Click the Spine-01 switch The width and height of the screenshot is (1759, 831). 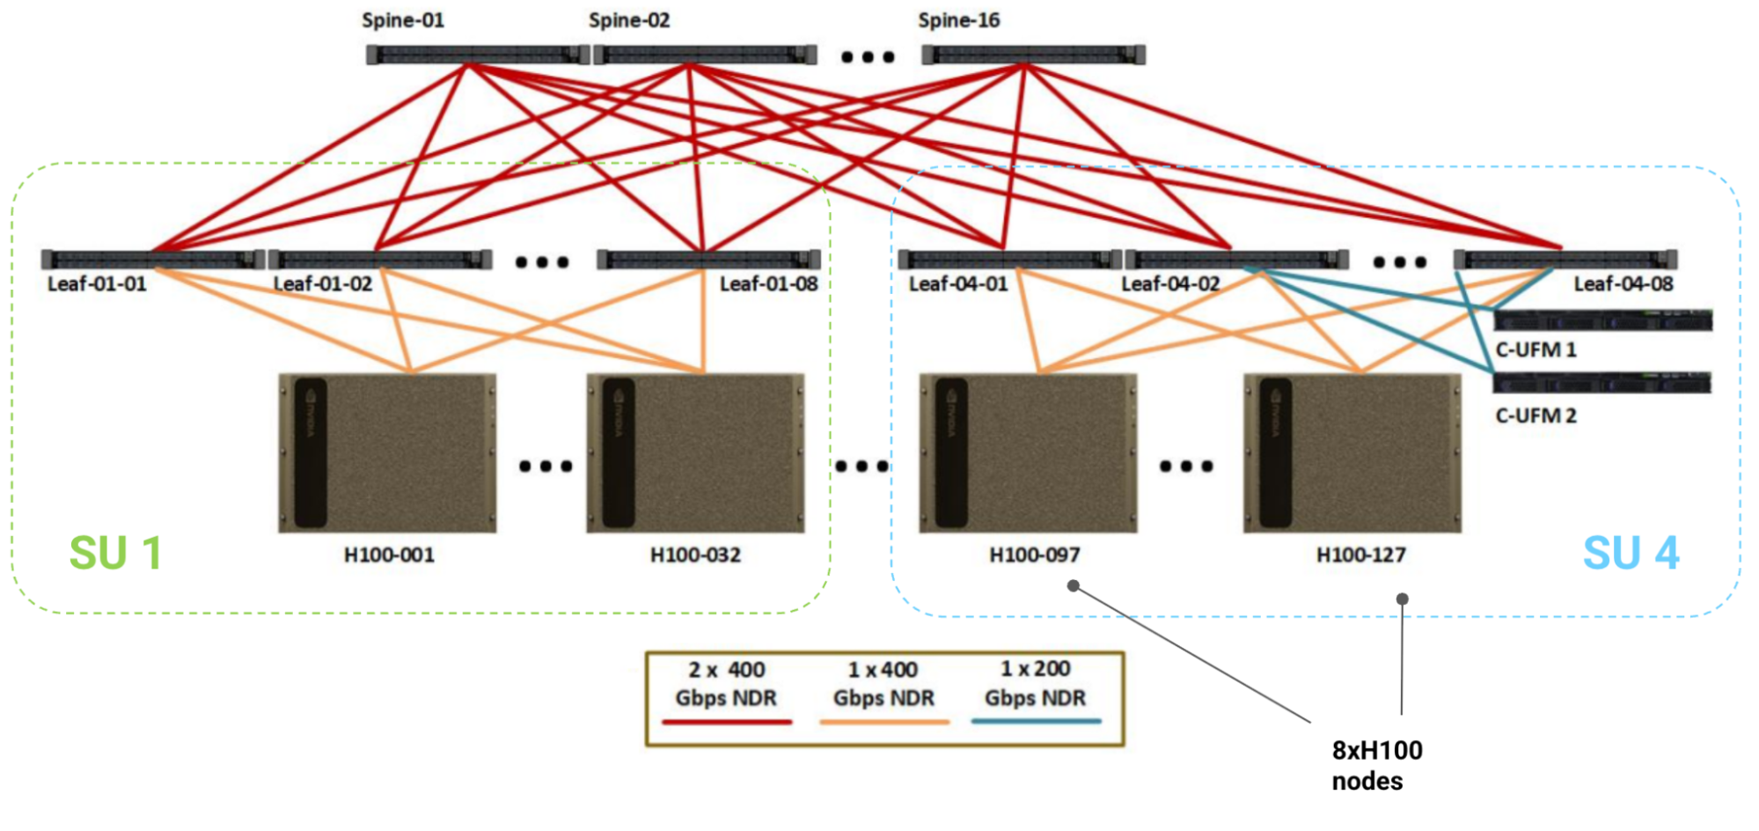click(477, 55)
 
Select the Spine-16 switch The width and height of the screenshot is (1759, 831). click(1033, 55)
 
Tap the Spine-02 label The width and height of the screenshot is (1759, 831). click(629, 20)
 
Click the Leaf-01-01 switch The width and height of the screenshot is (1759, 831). click(152, 259)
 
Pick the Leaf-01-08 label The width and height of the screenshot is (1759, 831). click(768, 283)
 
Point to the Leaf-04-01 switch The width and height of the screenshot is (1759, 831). click(1009, 259)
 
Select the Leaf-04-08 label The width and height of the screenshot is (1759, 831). click(1623, 283)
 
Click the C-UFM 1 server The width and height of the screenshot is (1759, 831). click(1602, 320)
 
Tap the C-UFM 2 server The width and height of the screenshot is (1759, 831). click(1602, 382)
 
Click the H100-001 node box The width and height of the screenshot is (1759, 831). click(387, 452)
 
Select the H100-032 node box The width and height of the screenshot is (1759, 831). click(695, 452)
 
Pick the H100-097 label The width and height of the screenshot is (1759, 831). click(1034, 555)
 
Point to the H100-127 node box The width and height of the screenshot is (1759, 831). click(1352, 452)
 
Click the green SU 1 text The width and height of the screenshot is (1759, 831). click(115, 553)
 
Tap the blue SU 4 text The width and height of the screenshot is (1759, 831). click(1631, 553)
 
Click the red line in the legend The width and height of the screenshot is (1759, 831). click(727, 722)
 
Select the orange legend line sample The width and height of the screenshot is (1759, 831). click(883, 722)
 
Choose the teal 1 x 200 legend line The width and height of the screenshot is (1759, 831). click(1036, 721)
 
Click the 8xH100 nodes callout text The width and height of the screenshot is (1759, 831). click(1376, 765)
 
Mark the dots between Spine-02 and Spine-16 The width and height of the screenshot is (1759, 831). click(868, 57)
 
